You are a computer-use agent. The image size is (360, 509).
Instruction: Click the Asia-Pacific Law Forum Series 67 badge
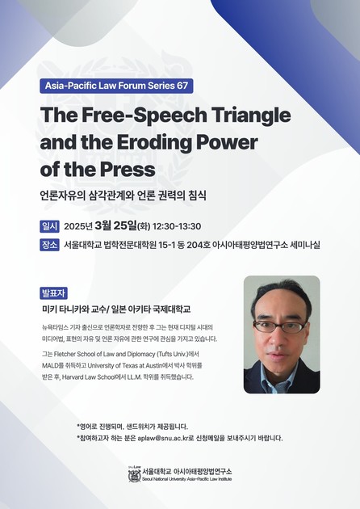(116, 86)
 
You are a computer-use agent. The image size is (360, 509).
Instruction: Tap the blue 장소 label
(48, 245)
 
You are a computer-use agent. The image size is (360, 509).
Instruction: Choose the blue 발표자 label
(52, 292)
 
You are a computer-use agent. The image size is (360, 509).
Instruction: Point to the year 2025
(78, 226)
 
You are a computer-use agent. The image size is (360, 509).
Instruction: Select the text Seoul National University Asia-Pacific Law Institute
(186, 480)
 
